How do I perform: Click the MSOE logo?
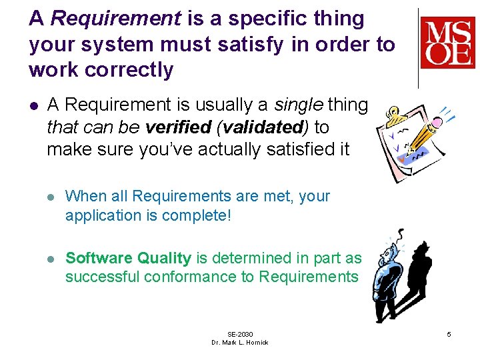tap(447, 43)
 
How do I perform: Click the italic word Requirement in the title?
tap(115, 19)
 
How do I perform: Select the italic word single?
tap(299, 105)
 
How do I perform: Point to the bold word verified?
tap(175, 127)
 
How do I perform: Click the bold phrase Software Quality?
tap(128, 258)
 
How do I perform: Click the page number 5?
tap(449, 333)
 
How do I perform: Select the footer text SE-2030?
tap(240, 334)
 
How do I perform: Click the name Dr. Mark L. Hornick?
tap(240, 343)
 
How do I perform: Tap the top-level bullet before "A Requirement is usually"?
tap(33, 105)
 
